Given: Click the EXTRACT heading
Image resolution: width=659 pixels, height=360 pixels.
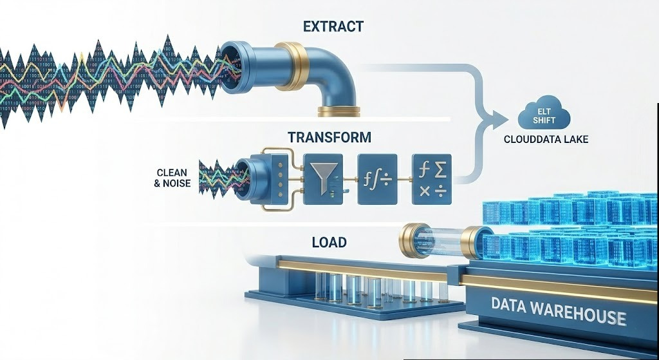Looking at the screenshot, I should (x=333, y=27).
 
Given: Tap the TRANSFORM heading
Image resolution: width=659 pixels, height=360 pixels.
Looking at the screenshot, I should (x=329, y=137).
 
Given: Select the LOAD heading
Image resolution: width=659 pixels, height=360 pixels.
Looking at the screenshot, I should (x=329, y=243).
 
